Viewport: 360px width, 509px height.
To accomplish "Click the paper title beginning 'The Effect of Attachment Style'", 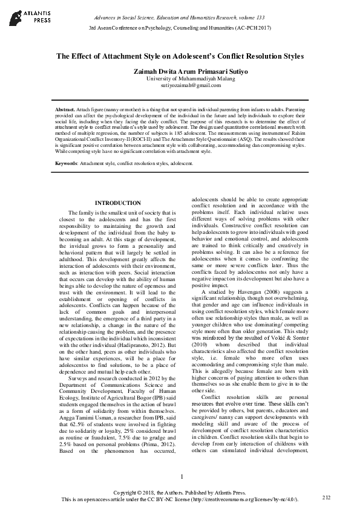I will click(180, 57).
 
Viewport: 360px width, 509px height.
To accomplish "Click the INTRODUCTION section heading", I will click(119, 203).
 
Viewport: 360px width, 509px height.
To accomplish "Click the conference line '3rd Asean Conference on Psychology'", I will click(180, 28).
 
